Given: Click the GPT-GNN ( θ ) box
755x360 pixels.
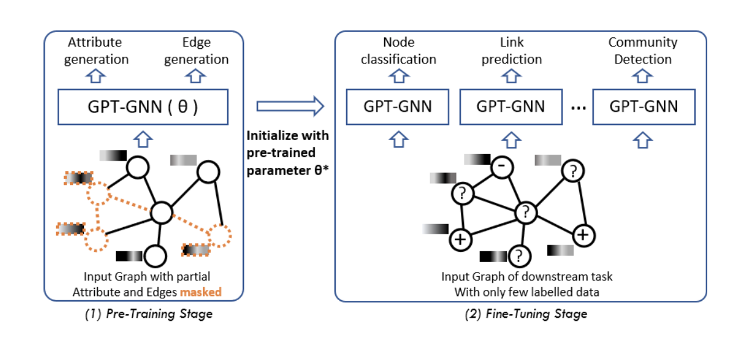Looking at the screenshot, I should click(x=143, y=108).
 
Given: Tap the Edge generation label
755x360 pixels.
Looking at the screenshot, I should click(x=196, y=51).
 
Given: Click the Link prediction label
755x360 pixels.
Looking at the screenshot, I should click(x=512, y=51).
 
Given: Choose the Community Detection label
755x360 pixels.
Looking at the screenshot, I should click(x=643, y=51).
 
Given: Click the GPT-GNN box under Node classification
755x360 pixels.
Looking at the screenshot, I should click(x=397, y=107).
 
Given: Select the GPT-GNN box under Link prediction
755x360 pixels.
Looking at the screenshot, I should click(x=510, y=107).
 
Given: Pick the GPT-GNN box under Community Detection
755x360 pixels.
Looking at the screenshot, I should click(x=643, y=107).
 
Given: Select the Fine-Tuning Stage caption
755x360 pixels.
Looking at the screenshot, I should click(x=520, y=314).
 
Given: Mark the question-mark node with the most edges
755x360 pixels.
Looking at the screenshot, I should click(x=526, y=212).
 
